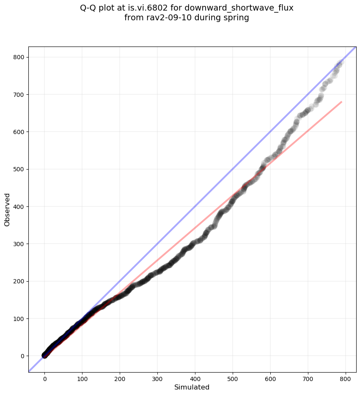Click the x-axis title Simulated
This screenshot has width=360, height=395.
coord(192,387)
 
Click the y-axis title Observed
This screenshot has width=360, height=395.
coord(7,210)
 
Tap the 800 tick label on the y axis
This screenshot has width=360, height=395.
coord(19,57)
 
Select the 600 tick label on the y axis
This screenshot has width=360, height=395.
coord(19,132)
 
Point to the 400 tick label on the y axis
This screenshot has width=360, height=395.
coord(19,206)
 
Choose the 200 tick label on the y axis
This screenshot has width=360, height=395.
coord(19,281)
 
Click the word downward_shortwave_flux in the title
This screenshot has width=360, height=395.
coord(239,8)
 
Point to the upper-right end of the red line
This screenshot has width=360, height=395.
coord(341,101)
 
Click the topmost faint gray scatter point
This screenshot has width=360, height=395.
coord(340,62)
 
